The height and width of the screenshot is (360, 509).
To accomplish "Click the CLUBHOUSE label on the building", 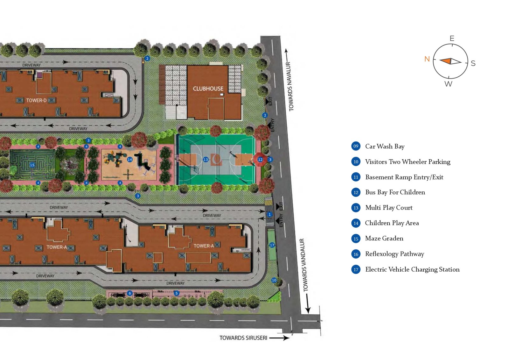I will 208,89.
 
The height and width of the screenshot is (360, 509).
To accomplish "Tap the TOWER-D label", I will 36,100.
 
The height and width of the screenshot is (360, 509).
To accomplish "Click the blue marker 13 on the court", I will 206,160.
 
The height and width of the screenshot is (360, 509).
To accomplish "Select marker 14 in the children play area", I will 130,159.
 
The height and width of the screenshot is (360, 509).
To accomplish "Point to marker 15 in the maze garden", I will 32,165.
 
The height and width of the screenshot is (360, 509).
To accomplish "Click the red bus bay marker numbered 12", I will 260,160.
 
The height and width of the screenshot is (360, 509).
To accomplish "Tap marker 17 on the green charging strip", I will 272,245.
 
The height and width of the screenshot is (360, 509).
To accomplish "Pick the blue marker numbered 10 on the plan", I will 274,280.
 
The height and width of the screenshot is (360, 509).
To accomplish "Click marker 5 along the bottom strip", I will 177,293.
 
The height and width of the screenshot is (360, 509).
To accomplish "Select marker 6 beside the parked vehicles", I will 129,293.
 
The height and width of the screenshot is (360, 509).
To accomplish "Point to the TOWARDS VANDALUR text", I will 304,265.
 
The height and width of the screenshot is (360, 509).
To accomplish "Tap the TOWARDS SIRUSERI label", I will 243,338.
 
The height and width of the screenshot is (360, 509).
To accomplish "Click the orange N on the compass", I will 427,59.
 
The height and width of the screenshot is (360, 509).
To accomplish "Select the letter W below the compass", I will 448,84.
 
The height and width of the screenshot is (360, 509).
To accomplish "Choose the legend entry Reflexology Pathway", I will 394,254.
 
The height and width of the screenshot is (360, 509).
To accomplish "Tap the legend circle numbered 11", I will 356,177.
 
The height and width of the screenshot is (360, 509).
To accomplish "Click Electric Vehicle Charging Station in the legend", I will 412,269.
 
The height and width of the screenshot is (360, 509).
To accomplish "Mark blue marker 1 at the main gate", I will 269,214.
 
